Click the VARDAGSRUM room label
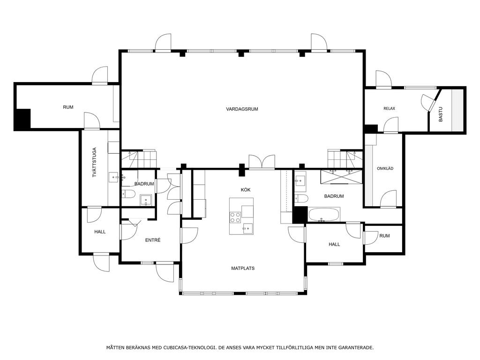pyautogui.click(x=242, y=109)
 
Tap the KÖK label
pyautogui.click(x=246, y=190)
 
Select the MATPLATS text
pyautogui.click(x=243, y=269)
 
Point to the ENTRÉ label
pyautogui.click(x=153, y=240)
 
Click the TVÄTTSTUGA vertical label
pyautogui.click(x=94, y=163)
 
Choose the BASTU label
pyautogui.click(x=441, y=114)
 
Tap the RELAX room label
pyautogui.click(x=389, y=108)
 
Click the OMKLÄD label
pyautogui.click(x=385, y=168)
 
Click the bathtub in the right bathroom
pyautogui.click(x=324, y=214)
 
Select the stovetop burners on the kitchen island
pyautogui.click(x=235, y=217)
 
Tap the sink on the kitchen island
pyautogui.click(x=247, y=227)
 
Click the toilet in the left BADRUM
pyautogui.click(x=128, y=194)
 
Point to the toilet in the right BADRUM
pyautogui.click(x=301, y=199)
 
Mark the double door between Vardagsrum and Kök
pyautogui.click(x=262, y=162)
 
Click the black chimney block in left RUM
pyautogui.click(x=23, y=119)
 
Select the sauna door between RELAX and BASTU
pyautogui.click(x=430, y=103)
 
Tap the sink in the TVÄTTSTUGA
pyautogui.click(x=114, y=177)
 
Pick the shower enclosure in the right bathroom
pyautogui.click(x=342, y=177)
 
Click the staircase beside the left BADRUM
pyautogui.click(x=139, y=159)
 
